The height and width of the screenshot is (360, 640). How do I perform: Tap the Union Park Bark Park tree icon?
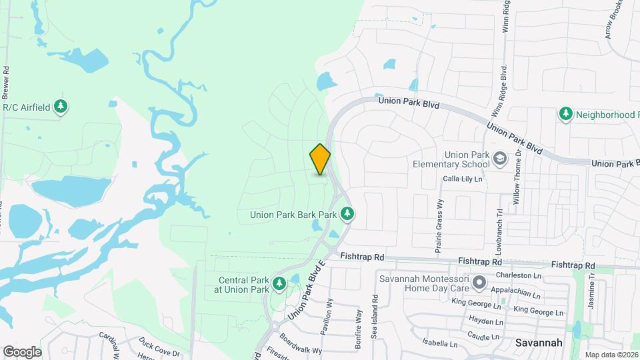coord(347,214)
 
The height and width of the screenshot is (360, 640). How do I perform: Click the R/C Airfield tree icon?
coord(61,107)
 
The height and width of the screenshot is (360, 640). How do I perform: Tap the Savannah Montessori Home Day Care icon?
coord(479,283)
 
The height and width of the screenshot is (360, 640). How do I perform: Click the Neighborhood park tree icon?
coord(566,115)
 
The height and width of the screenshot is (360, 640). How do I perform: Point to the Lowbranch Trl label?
coord(500,231)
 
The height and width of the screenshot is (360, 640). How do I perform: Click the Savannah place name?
coord(539,343)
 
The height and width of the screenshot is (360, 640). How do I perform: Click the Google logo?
coord(22,351)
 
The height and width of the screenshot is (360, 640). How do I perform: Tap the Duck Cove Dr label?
coord(159,348)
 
